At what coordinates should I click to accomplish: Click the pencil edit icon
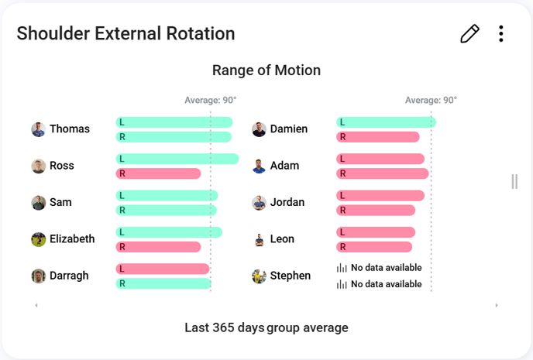[469, 33]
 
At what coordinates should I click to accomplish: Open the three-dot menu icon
[501, 33]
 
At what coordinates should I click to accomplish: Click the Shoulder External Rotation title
[126, 33]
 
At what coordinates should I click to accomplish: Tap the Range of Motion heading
[266, 70]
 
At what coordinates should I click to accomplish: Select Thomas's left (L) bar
[174, 122]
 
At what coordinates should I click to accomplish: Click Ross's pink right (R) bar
[158, 173]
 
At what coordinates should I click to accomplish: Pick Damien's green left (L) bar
[386, 122]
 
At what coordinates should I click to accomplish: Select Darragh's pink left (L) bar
[163, 269]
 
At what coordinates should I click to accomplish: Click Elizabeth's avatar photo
[39, 239]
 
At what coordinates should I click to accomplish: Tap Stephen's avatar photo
[260, 276]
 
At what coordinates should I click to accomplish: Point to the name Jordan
[287, 203]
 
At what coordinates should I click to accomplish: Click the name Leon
[282, 239]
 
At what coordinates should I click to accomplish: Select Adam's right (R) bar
[382, 173]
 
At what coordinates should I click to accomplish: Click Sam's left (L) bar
[167, 195]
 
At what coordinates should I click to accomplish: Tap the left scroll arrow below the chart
[36, 306]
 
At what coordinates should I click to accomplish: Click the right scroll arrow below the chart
[497, 306]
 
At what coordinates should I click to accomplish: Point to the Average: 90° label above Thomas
[211, 101]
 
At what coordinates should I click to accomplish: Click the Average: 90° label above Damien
[431, 101]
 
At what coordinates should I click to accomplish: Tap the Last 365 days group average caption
[266, 327]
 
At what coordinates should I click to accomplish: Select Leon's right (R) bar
[374, 247]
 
